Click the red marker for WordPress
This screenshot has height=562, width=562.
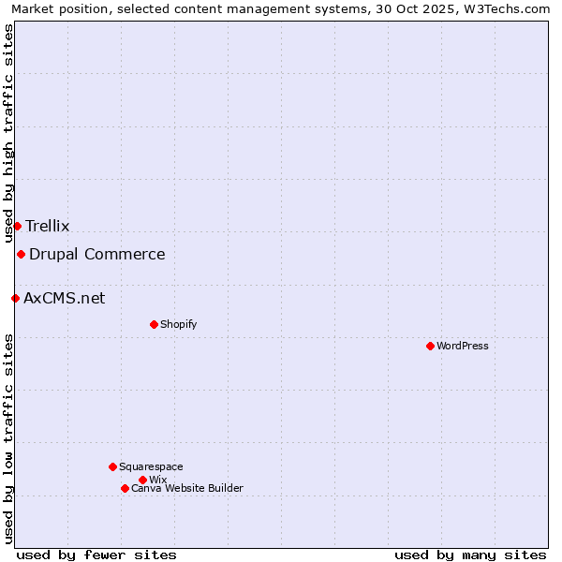coord(430,346)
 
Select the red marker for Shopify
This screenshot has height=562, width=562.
coord(154,324)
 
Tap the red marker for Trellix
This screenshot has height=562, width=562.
coord(17,226)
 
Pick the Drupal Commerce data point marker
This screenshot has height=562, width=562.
coord(21,254)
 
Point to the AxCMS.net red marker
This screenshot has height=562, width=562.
coord(15,298)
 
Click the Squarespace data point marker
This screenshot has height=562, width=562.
coord(112,466)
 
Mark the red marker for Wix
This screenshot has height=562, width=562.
coord(142,480)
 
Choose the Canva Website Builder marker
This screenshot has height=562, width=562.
coord(125,488)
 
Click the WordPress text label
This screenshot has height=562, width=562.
coord(463,346)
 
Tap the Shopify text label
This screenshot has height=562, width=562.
coord(178,324)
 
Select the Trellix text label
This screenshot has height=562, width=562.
coord(48,226)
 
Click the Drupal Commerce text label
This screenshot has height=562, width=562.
coord(97,254)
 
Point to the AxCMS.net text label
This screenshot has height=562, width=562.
coord(65,298)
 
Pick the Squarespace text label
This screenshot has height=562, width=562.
coord(151,466)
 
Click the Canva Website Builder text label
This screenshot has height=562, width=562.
coord(187,488)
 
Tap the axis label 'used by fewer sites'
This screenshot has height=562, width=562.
coord(96,555)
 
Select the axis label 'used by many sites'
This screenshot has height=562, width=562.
coord(470,555)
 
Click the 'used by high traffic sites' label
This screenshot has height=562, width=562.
coord(8,133)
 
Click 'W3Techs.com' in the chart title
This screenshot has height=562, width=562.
coord(510,8)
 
